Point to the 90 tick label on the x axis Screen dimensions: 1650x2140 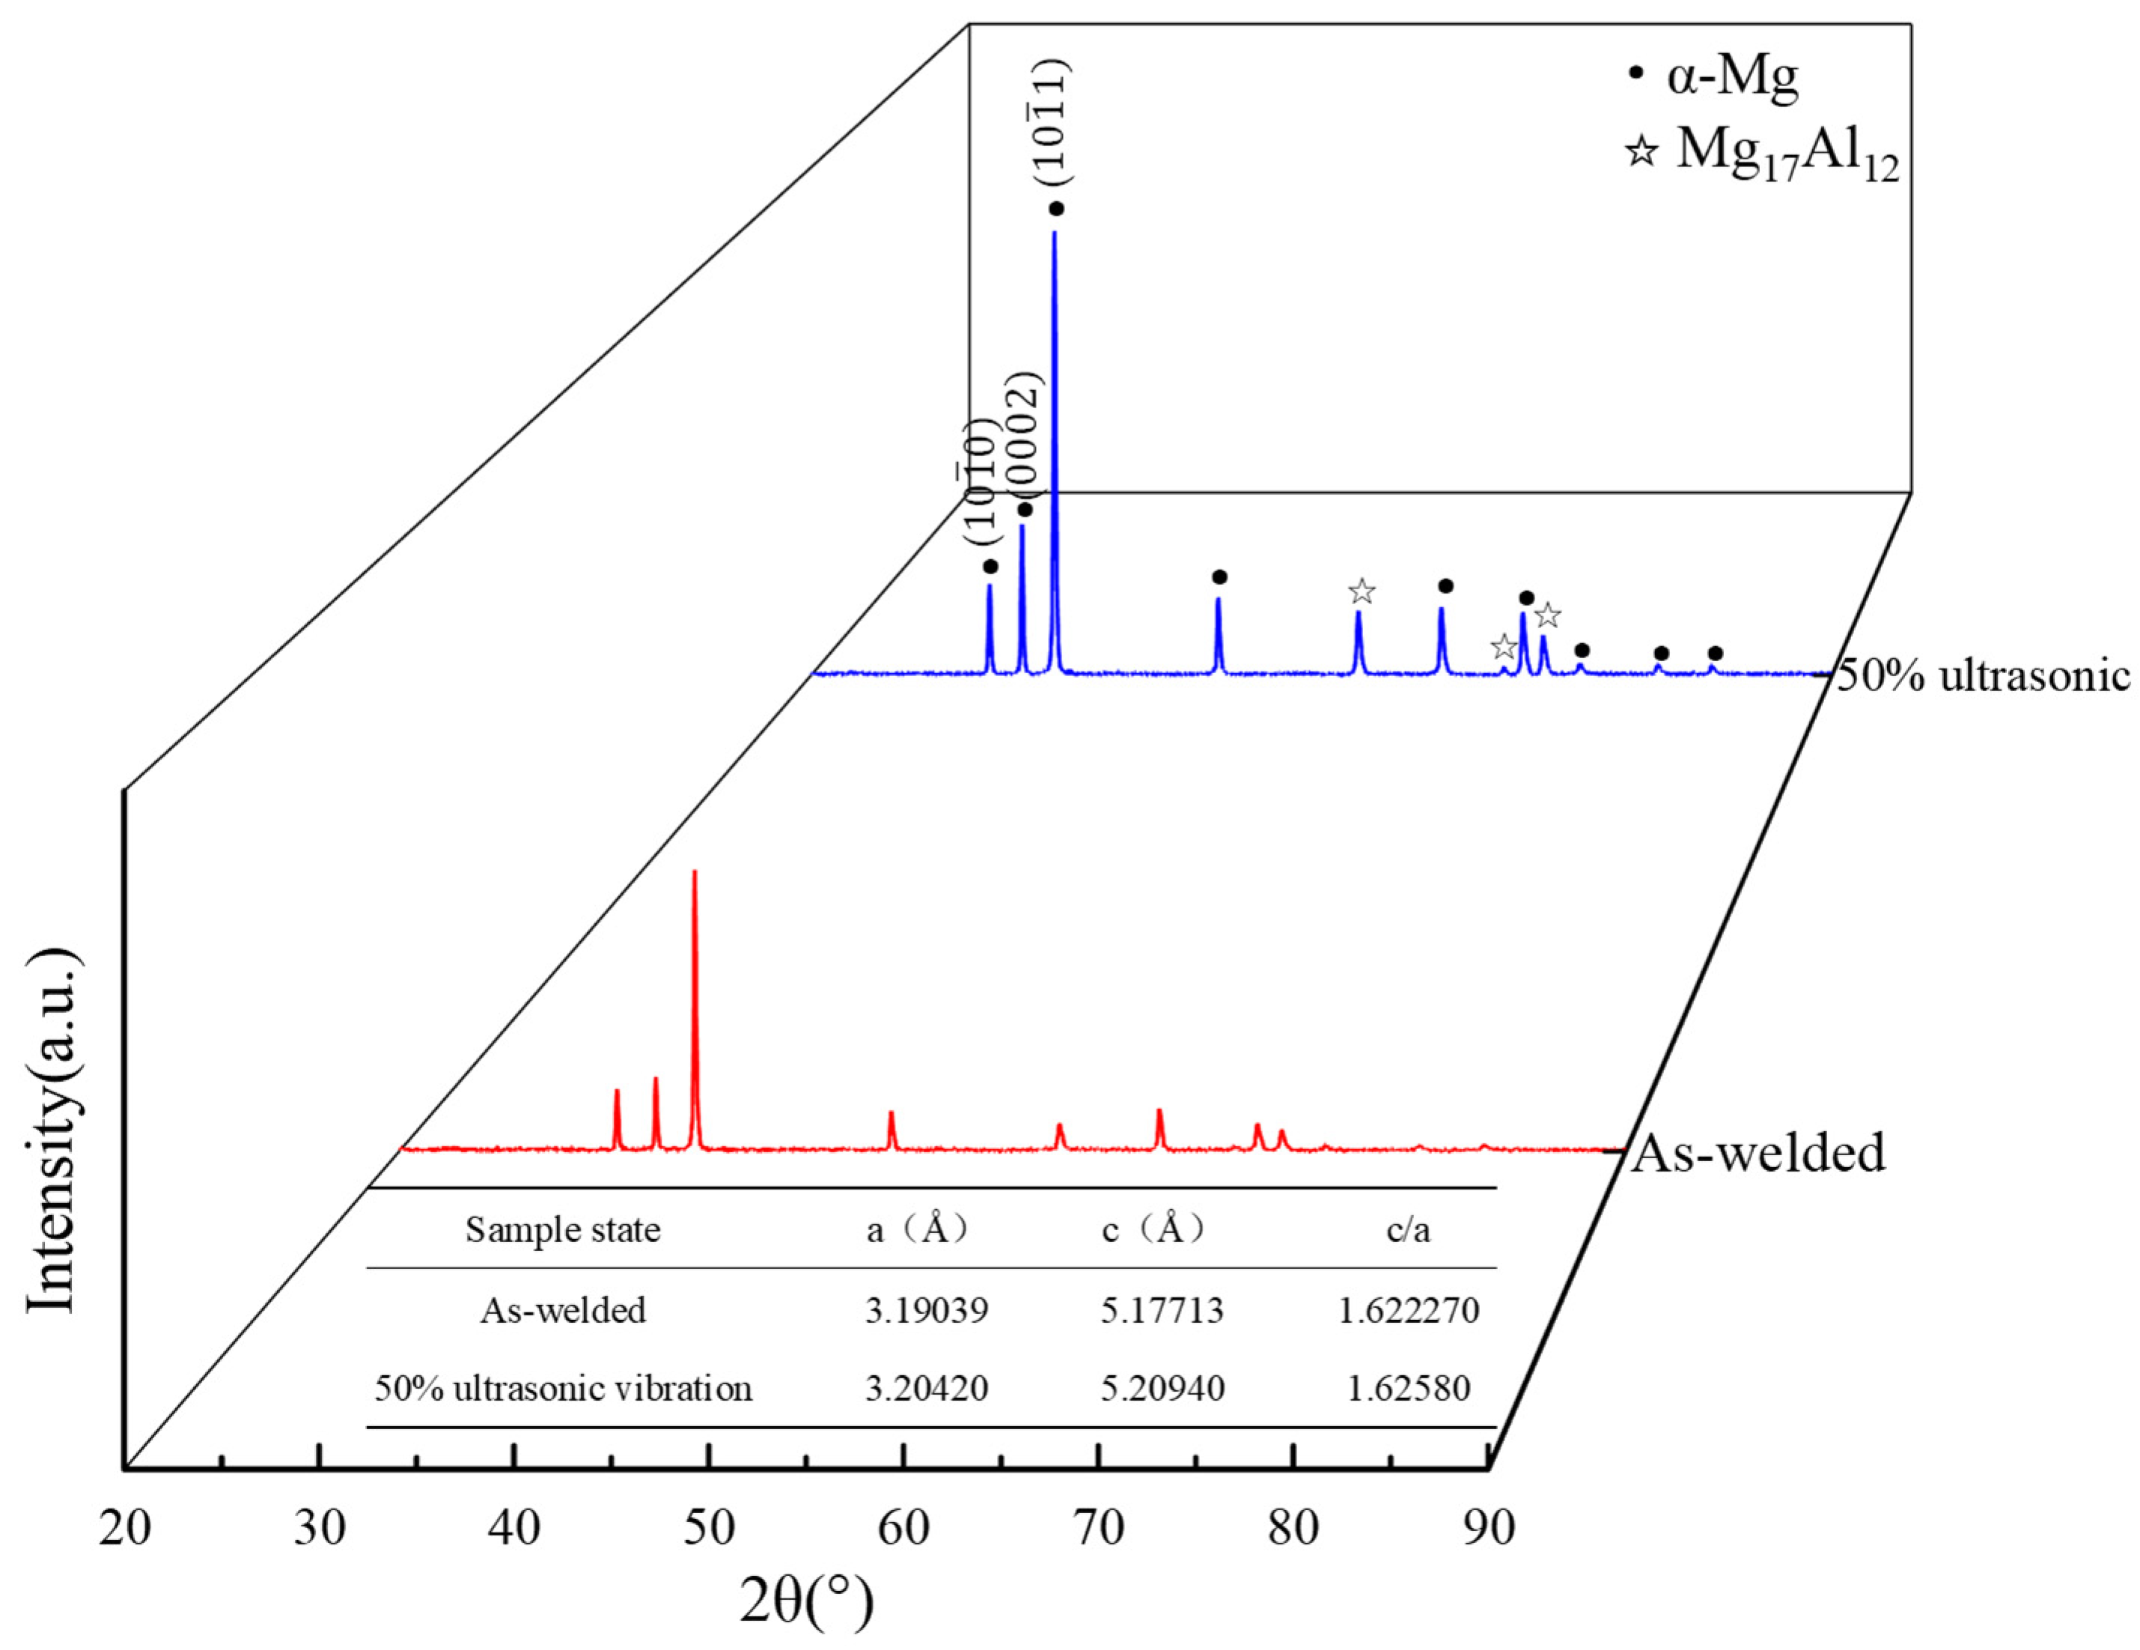1487,1527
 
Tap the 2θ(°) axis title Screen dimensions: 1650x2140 805,1602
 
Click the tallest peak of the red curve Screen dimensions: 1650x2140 695,874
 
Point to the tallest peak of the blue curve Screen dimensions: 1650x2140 1055,235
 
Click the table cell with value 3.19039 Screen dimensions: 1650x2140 926,1311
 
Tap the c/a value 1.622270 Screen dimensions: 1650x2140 1408,1311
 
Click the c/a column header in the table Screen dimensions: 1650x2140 1408,1230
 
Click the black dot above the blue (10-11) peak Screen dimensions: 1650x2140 1056,209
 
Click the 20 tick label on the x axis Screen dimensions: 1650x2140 124,1527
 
